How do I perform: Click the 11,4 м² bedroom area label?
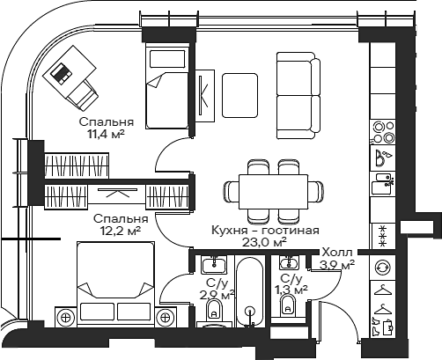click(x=107, y=129)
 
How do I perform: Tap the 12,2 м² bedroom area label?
click(x=121, y=225)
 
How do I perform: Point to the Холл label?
click(x=337, y=253)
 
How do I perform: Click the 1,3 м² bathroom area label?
click(x=291, y=289)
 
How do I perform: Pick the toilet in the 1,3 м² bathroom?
click(x=287, y=305)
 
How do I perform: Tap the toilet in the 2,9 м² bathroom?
click(x=213, y=313)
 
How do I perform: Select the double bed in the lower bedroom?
click(x=116, y=282)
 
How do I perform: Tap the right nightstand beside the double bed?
click(x=165, y=316)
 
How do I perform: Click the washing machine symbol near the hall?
click(x=383, y=267)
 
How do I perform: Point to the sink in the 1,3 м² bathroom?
click(x=288, y=264)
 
